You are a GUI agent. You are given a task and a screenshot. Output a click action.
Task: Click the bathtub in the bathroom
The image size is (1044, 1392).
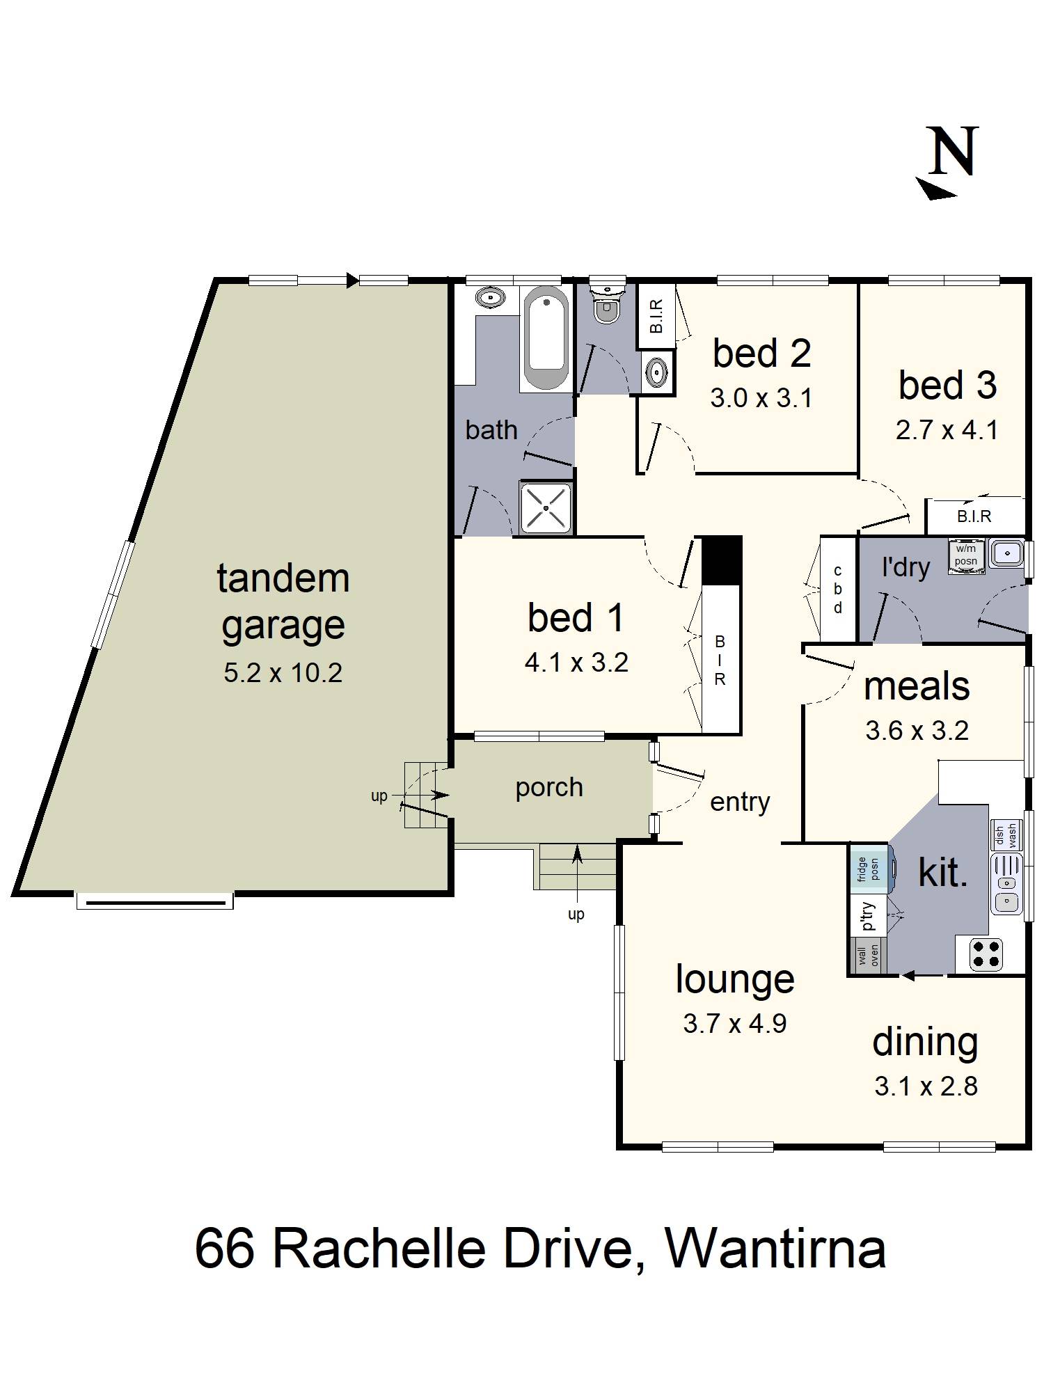click(x=545, y=339)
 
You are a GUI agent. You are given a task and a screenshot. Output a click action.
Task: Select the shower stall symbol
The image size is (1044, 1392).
click(x=546, y=507)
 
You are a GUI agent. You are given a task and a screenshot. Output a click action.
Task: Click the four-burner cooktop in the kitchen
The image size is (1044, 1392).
click(x=986, y=954)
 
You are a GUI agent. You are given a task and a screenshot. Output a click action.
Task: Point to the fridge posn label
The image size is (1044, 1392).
click(x=867, y=869)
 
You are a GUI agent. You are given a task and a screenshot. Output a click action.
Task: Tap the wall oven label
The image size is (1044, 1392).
click(x=869, y=956)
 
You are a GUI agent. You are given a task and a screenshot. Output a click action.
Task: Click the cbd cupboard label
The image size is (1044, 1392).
click(x=838, y=590)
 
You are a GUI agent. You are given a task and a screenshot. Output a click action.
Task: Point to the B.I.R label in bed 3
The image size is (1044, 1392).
click(x=974, y=516)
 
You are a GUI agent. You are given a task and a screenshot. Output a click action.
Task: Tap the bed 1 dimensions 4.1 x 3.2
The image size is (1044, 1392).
click(x=576, y=663)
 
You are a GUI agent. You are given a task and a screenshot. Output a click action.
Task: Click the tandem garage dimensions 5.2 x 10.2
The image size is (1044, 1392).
click(x=283, y=673)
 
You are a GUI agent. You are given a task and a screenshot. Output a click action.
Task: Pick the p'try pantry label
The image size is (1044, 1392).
click(x=869, y=917)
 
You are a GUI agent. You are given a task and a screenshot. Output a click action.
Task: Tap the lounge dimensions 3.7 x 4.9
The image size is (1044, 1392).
click(x=734, y=1024)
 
